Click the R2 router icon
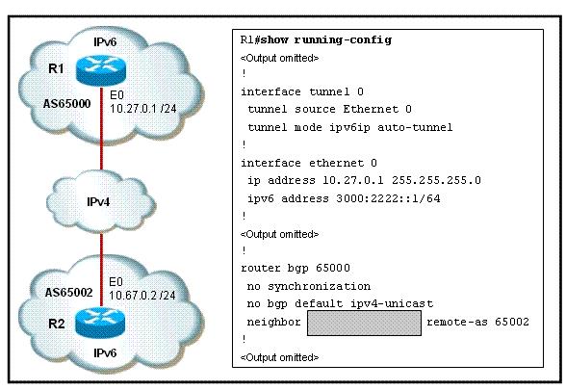(100, 323)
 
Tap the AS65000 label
(66, 104)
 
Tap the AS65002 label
(68, 292)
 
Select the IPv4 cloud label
(98, 202)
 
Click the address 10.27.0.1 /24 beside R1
(142, 108)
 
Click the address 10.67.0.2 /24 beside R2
(142, 296)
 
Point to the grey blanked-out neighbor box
(364, 323)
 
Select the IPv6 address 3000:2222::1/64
(388, 198)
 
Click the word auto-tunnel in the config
(415, 127)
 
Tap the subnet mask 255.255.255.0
(436, 180)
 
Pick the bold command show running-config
(325, 39)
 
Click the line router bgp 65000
(296, 268)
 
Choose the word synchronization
(320, 286)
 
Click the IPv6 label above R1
(105, 42)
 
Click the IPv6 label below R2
(105, 352)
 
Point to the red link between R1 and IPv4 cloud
(101, 128)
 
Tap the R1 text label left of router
(56, 68)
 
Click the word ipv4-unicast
(392, 303)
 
